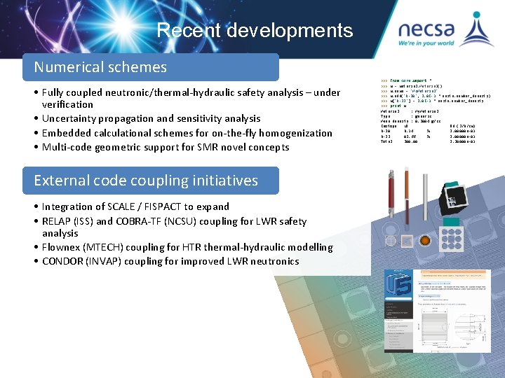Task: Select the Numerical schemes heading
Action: coord(101,67)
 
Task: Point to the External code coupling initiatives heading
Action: coord(146,180)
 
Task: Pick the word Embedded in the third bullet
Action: coord(67,133)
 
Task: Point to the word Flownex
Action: coord(62,247)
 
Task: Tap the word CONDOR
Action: coord(63,261)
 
